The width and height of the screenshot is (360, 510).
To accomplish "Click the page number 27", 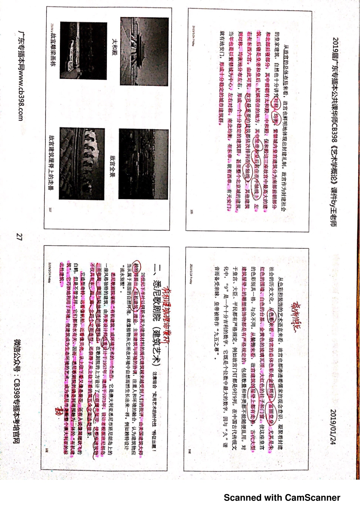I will pyautogui.click(x=19, y=237).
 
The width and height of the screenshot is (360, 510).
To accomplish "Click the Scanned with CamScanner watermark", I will pyautogui.click(x=282, y=497).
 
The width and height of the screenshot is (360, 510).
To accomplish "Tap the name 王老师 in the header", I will pyautogui.click(x=333, y=216).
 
